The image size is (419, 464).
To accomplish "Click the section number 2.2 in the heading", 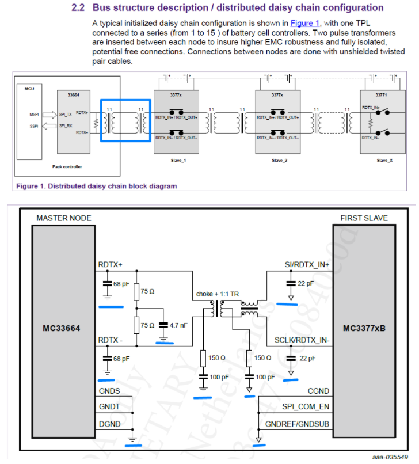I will [78, 8].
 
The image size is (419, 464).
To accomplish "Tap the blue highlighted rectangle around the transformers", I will [125, 120].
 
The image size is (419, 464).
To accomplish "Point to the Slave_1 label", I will [176, 160].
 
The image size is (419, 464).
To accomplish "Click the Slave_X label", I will [384, 160].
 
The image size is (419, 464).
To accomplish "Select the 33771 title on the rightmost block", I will [380, 94].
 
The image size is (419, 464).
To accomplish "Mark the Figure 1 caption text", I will [96, 186].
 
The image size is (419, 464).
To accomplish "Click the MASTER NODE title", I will [63, 218].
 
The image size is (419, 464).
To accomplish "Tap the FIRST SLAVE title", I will [364, 218].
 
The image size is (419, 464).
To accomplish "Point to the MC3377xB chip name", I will [364, 329].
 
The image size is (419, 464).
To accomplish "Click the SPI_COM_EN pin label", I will [306, 408].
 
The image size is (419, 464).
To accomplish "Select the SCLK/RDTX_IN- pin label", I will [301, 340].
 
